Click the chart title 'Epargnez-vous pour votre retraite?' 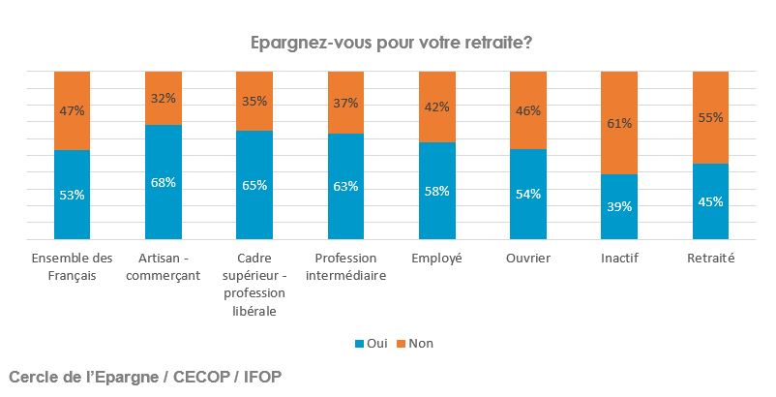(x=391, y=43)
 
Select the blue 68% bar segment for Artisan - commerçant (x=163, y=194)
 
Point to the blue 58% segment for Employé (x=436, y=203)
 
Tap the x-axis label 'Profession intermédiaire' (x=345, y=266)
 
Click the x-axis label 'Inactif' (x=619, y=259)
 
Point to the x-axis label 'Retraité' (x=710, y=259)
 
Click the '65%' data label (x=254, y=186)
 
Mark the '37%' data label (x=345, y=104)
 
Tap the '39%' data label (x=619, y=206)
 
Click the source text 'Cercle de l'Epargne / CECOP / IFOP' (x=145, y=375)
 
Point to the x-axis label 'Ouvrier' (x=528, y=259)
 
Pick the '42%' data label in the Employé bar (x=436, y=107)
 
